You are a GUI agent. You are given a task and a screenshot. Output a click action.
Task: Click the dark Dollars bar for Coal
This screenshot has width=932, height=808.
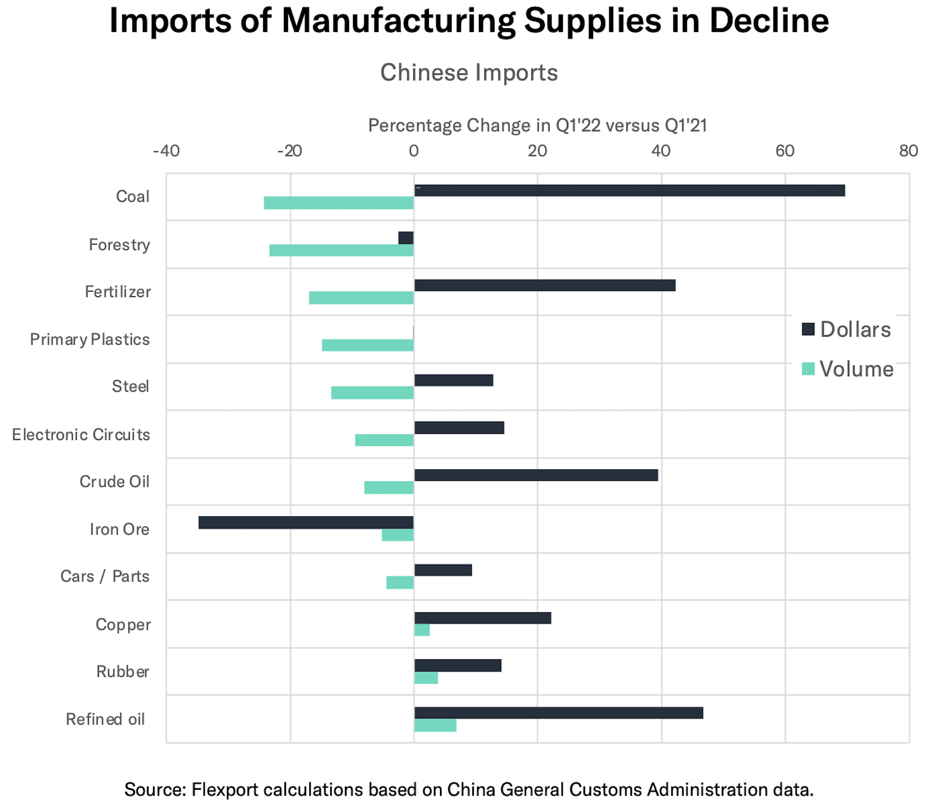point(629,191)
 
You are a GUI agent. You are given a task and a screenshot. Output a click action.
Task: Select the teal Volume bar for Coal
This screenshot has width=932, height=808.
point(339,203)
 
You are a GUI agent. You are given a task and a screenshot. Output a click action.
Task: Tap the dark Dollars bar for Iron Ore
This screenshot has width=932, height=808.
point(306,522)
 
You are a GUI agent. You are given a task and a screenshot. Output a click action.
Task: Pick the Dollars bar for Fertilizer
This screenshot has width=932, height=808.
point(545,285)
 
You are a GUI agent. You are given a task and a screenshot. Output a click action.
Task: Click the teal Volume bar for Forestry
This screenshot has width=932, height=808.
point(341,250)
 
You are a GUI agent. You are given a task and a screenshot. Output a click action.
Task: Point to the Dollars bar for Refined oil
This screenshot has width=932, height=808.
point(558,713)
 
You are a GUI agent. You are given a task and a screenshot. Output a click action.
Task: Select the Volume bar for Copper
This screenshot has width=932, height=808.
point(422,630)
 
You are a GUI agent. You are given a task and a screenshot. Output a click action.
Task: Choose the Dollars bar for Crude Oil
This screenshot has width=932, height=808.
point(536,475)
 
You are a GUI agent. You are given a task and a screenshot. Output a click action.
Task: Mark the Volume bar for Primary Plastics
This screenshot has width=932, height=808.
point(368,345)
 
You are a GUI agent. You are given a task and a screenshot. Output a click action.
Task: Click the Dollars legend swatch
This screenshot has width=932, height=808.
point(808,330)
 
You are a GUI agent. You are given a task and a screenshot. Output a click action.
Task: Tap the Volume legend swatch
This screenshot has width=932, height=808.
point(808,369)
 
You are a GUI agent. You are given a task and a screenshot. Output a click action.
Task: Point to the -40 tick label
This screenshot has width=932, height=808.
point(166,151)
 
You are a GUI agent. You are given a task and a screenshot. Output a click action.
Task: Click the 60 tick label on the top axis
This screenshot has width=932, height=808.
point(785,151)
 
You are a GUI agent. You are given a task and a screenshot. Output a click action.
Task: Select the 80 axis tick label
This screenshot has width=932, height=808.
point(908,151)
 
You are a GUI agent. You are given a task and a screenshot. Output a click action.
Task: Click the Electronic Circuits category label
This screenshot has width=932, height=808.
point(81,434)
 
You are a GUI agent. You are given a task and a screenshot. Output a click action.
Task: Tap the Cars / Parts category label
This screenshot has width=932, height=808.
point(105,576)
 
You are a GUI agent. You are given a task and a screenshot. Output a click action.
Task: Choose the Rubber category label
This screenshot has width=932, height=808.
point(123,671)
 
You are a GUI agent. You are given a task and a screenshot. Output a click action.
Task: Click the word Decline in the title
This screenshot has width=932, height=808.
point(769,21)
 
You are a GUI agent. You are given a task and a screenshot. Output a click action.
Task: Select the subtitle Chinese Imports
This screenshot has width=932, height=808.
point(469,73)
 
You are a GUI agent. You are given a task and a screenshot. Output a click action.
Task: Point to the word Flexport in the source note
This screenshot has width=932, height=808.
point(225,789)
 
